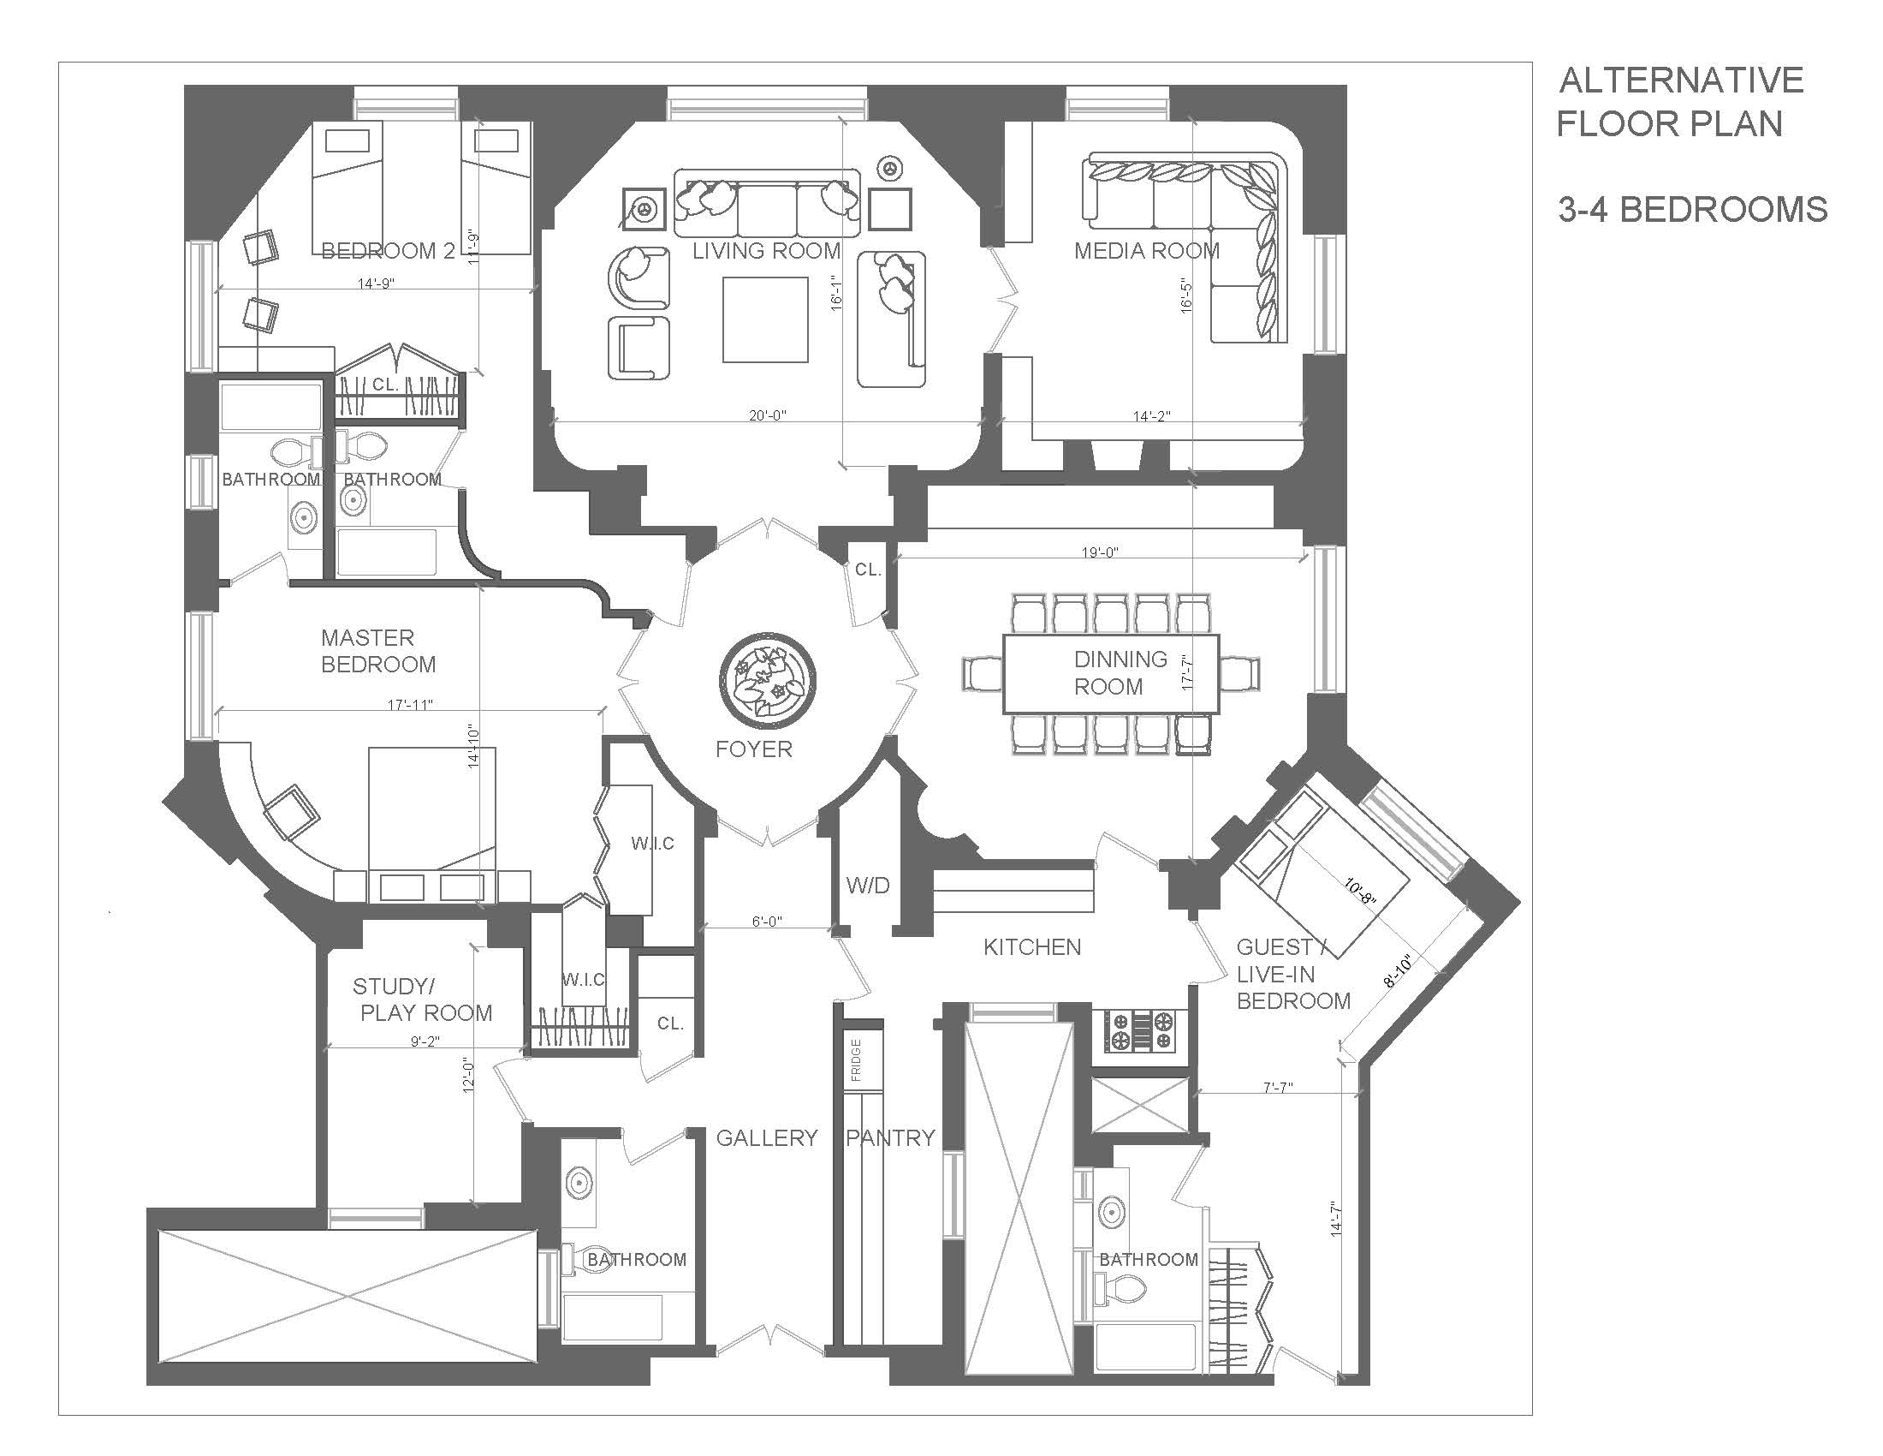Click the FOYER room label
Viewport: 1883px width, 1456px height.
coord(753,749)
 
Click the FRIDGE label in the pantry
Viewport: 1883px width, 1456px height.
coord(856,1060)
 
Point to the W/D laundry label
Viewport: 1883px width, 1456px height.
coord(867,885)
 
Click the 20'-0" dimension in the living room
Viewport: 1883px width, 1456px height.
coord(768,415)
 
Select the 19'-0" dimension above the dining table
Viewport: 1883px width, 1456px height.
coord(1099,552)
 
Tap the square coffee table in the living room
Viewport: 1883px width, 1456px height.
coord(764,319)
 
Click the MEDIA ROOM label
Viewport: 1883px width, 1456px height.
coord(1147,251)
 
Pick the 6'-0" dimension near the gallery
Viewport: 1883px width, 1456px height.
coord(767,922)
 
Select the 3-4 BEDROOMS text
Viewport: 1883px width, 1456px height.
coord(1692,210)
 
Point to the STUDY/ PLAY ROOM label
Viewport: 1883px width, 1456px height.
coord(423,999)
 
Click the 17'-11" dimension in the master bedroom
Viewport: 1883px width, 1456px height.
coord(409,705)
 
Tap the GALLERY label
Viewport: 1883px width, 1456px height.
coord(767,1137)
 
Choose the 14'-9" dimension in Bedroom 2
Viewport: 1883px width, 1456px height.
coord(376,282)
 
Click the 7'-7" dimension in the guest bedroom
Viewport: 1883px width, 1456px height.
coord(1278,1088)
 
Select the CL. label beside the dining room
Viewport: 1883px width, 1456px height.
coord(868,570)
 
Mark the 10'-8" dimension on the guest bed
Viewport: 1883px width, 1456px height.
coord(1361,890)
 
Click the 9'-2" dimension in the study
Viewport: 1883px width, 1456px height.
coord(425,1041)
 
